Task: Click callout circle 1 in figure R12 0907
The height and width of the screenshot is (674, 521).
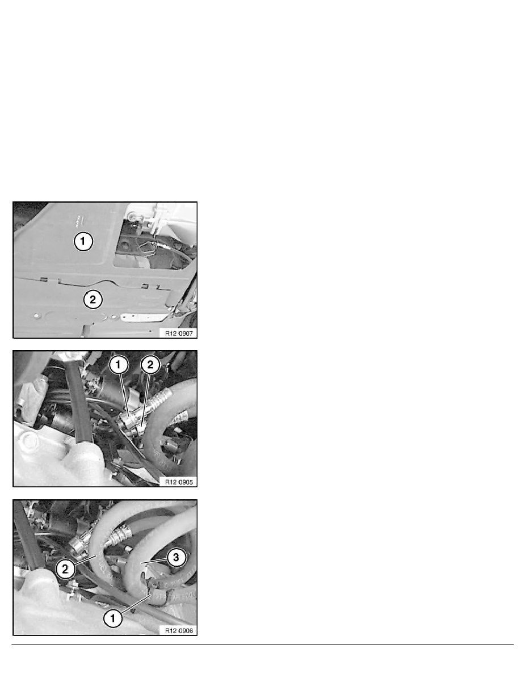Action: click(83, 241)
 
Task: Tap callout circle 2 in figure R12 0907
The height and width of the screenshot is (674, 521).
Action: click(93, 299)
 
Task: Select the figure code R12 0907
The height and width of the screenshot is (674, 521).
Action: click(179, 333)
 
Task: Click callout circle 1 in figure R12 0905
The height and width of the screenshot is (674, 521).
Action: click(119, 365)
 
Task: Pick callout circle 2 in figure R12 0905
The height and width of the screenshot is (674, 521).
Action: click(150, 365)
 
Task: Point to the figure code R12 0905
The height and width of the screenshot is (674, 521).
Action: click(179, 482)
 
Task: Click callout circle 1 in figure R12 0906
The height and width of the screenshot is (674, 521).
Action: click(113, 618)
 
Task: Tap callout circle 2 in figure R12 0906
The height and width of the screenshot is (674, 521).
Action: click(65, 569)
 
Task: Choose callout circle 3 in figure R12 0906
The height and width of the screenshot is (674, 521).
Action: click(176, 558)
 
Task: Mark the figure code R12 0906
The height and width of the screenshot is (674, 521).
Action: click(179, 630)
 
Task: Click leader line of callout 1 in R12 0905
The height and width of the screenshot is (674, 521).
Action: click(125, 395)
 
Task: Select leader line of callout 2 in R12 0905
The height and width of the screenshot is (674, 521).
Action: click(145, 400)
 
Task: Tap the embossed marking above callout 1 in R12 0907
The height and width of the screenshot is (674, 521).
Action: click(79, 220)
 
